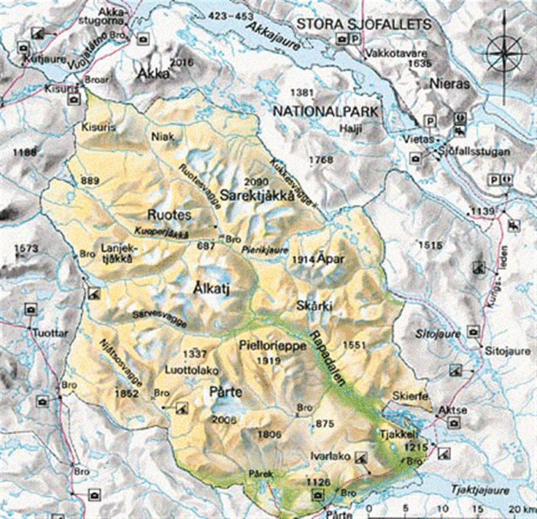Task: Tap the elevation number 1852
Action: pos(126,393)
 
